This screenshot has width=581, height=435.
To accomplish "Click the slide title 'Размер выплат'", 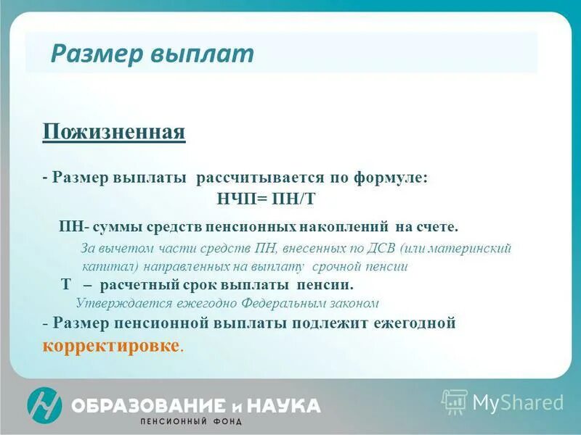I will pos(153,54).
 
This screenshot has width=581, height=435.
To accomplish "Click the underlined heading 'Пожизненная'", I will pos(114,132).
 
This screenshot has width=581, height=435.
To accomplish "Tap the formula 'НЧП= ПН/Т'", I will pos(267,198).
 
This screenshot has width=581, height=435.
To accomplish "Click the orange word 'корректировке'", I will pos(111,344).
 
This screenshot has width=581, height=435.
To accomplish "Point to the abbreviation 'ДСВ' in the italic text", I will pos(375,248).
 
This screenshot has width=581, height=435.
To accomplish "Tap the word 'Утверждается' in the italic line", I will pos(119,303).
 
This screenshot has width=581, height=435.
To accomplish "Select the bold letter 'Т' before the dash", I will pos(65,284).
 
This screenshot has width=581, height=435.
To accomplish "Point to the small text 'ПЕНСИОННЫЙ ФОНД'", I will pos(191,421).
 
